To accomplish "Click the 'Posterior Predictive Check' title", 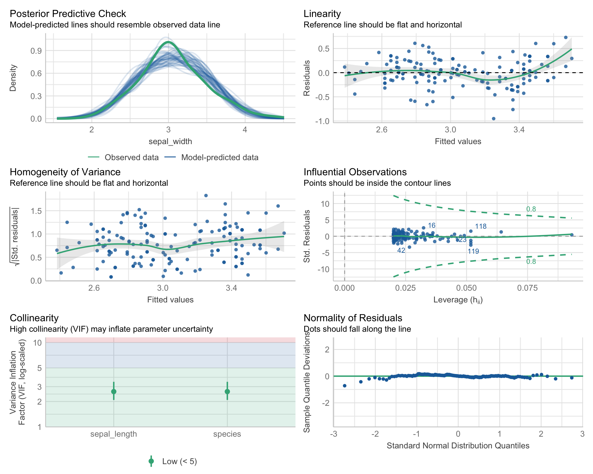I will click(x=68, y=14).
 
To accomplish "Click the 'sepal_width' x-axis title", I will click(x=170, y=141).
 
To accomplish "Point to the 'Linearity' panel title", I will click(x=322, y=14).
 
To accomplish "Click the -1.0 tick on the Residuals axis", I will click(x=322, y=121).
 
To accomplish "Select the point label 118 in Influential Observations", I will click(x=481, y=227).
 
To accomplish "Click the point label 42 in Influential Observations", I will click(x=401, y=251).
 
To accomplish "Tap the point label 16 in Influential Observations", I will click(x=431, y=226).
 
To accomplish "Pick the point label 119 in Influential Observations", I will click(x=473, y=252).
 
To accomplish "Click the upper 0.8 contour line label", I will click(x=531, y=209).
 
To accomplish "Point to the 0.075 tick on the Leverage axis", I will click(x=527, y=288).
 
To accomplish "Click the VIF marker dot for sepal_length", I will click(x=114, y=392).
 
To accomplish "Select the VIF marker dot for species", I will click(x=227, y=392).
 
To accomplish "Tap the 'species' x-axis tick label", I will click(x=227, y=434).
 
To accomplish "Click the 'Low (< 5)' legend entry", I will click(x=179, y=461).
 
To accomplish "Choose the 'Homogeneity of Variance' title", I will click(x=65, y=172).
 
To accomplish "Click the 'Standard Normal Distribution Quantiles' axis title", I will click(x=458, y=446).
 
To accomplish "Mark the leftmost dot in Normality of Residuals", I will click(x=345, y=386).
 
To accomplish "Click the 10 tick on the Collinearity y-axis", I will click(x=37, y=343).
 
